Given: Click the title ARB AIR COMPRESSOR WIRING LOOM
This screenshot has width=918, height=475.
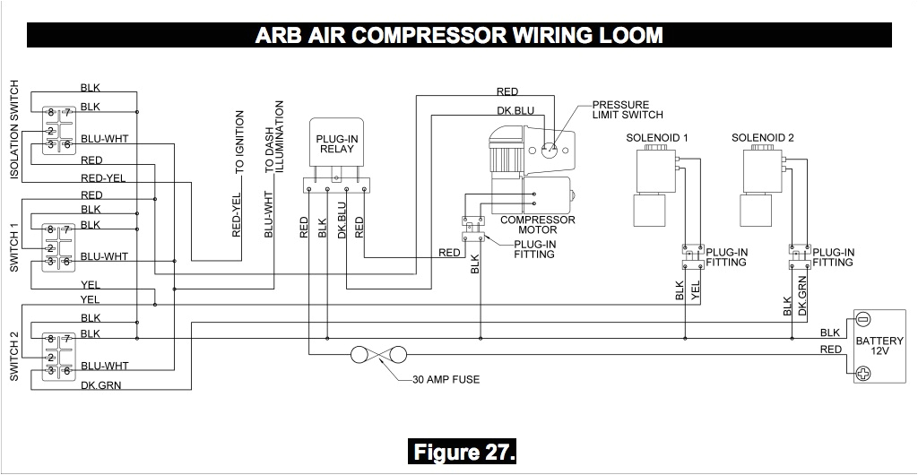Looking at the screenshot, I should pyautogui.click(x=459, y=35).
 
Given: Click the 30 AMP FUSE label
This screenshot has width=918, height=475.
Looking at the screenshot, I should pyautogui.click(x=446, y=379).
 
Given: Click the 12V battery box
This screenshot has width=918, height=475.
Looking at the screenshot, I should pyautogui.click(x=872, y=348).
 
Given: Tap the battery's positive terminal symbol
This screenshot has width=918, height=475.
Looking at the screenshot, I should pyautogui.click(x=863, y=374).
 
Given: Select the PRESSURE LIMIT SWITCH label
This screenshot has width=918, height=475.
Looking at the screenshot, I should pyautogui.click(x=628, y=109).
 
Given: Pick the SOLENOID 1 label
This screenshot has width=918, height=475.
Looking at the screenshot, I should pyautogui.click(x=657, y=137).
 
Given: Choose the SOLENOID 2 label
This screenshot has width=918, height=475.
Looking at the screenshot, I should pyautogui.click(x=763, y=137).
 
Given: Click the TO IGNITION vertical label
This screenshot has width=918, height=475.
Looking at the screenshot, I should pyautogui.click(x=239, y=142).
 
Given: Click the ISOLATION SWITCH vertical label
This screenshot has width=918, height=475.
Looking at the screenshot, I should pyautogui.click(x=14, y=129).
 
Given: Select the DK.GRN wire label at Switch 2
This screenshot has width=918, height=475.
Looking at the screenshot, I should pyautogui.click(x=100, y=385).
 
